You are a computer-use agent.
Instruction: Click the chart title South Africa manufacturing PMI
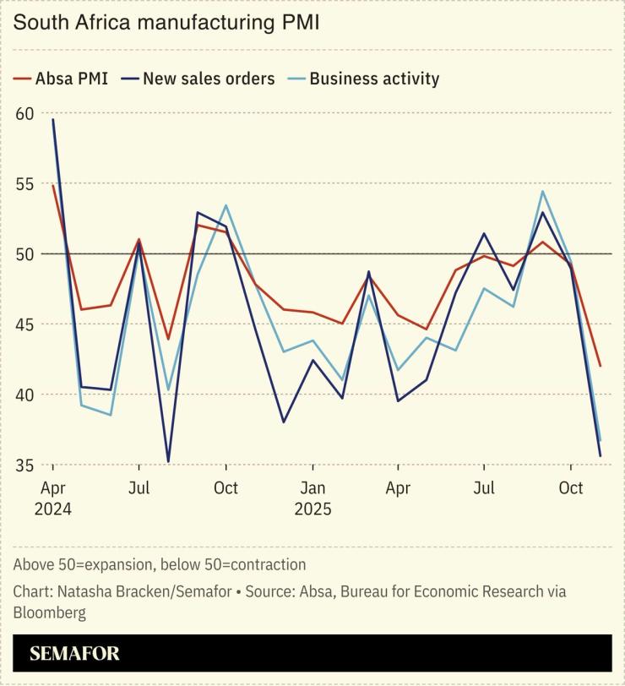[166, 23]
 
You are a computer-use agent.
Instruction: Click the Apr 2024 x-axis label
[52, 498]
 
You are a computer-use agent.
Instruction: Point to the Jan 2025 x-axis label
[312, 498]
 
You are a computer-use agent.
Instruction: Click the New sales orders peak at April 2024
[52, 119]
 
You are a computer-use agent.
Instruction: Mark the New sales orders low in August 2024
[168, 461]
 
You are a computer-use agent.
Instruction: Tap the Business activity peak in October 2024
[226, 205]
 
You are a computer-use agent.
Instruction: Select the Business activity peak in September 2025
[542, 191]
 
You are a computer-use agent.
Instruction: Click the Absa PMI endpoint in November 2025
[600, 366]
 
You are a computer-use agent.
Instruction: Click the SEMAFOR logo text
[74, 654]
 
